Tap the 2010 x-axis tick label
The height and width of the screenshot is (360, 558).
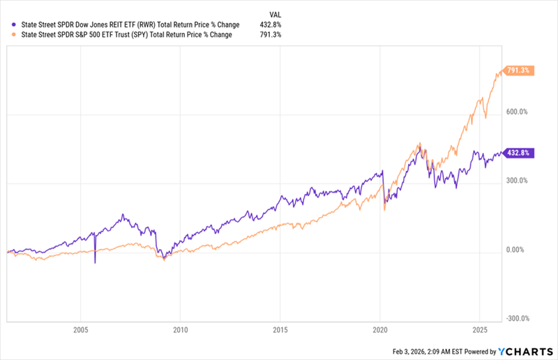[180, 329]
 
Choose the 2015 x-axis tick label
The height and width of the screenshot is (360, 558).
[280, 329]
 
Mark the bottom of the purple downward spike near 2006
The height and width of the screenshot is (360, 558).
[95, 262]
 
